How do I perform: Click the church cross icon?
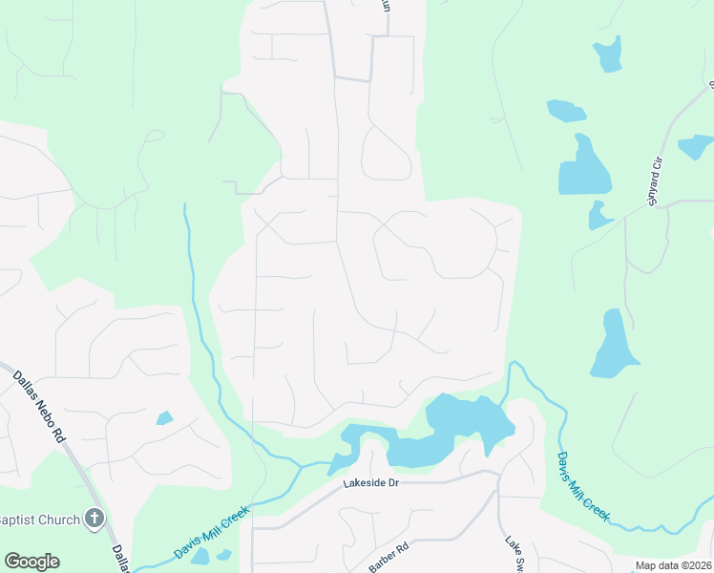click(x=94, y=519)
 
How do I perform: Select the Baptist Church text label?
click(x=39, y=520)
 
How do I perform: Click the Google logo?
click(x=31, y=562)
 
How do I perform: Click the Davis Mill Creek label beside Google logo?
click(x=212, y=534)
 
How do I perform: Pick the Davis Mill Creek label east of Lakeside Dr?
click(x=583, y=486)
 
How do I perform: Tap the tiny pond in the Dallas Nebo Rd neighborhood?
click(x=164, y=418)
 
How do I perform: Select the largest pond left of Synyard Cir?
click(x=582, y=166)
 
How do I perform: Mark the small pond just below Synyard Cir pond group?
click(x=598, y=216)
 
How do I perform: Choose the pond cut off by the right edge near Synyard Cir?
click(x=697, y=146)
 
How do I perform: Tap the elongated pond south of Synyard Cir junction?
click(x=614, y=345)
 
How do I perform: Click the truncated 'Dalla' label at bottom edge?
click(x=120, y=560)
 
